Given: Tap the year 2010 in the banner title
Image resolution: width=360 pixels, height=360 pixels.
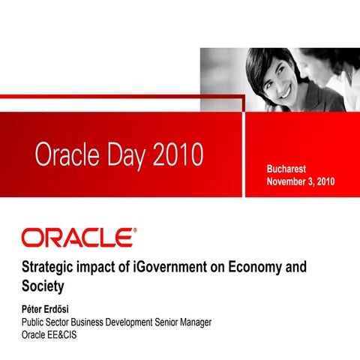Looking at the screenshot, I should point(178,155).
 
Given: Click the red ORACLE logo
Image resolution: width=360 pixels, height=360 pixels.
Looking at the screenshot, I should point(79,238).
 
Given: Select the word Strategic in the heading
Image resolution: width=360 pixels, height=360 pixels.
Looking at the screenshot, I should point(48,268).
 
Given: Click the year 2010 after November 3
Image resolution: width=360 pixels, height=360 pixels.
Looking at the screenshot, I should point(324,181).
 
